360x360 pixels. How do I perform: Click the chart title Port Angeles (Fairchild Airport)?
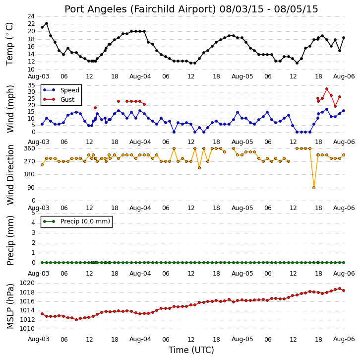coord(140,9)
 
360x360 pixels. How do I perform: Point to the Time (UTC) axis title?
coord(191,350)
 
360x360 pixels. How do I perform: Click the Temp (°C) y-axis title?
coord(9,44)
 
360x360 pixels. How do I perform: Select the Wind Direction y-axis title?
coord(10,175)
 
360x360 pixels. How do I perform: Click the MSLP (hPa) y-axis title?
coord(10,306)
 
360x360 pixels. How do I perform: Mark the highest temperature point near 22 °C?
coord(47,23)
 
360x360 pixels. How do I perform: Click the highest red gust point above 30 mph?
coord(327,89)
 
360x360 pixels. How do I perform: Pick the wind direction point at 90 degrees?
coord(314,188)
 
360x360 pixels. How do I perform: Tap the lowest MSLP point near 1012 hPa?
coord(76,320)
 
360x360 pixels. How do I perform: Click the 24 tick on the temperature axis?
coord(31,16)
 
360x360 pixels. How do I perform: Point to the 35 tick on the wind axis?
coord(31,85)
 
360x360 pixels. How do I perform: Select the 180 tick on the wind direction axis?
coord(30,174)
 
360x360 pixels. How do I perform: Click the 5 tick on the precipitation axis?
coord(33,213)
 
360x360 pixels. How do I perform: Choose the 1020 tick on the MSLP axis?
coord(27,283)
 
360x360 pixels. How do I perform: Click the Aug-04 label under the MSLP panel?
coord(140,339)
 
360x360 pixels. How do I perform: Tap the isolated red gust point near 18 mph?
coord(95,108)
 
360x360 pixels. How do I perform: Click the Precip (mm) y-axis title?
coord(10,240)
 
